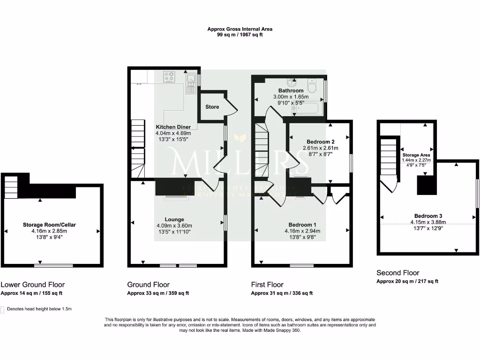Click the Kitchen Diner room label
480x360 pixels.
coord(173,127)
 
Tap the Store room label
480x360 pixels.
coord(212,107)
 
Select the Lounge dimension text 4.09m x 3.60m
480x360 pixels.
coord(174,226)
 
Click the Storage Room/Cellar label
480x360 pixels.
coord(49,225)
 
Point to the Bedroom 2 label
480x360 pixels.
coord(320,142)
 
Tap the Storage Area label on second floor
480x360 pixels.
coord(416,155)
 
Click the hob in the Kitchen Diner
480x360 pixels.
coord(169,76)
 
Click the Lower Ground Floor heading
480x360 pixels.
coord(33,285)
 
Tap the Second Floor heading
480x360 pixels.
coord(398,273)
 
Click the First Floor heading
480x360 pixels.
coord(267,285)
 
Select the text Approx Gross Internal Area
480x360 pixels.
coord(240,29)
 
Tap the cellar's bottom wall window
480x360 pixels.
coord(53,266)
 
